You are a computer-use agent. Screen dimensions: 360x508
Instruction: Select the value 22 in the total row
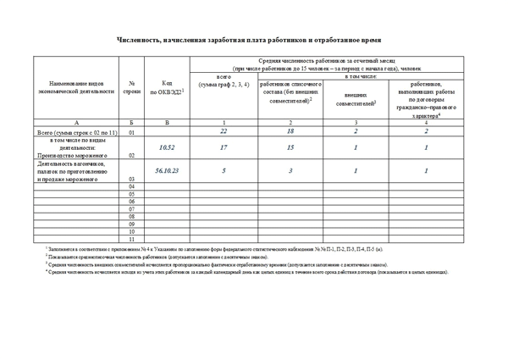[224, 132]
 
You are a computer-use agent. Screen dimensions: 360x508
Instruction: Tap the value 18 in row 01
[290, 132]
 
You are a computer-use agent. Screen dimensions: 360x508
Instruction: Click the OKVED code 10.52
[167, 147]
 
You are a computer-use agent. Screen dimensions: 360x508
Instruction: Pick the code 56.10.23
[167, 170]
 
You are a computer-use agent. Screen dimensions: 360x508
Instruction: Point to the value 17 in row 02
[224, 147]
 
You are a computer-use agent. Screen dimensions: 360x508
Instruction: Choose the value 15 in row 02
[290, 147]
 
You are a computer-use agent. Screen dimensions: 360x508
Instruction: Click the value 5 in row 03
[224, 170]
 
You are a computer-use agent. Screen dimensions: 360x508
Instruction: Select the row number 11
[131, 239]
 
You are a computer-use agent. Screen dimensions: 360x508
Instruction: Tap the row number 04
[131, 186]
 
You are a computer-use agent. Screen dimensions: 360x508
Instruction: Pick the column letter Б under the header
[131, 123]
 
